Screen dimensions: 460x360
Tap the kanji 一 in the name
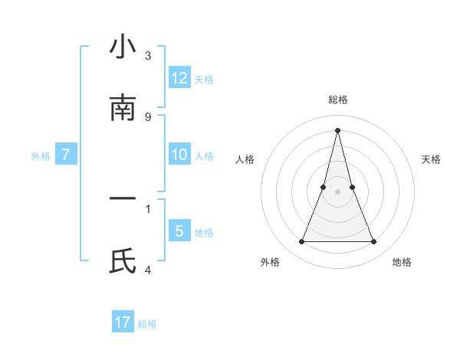[x=123, y=199]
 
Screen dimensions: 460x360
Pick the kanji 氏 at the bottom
[x=123, y=261]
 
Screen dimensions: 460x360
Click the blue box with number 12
[x=179, y=78]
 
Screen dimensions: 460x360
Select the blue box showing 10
[x=179, y=155]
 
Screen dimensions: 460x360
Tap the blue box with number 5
[x=179, y=231]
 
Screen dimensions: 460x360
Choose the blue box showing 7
[x=66, y=155]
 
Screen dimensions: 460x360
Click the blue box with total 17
[x=123, y=322]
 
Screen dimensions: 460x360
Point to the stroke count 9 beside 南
[x=148, y=117]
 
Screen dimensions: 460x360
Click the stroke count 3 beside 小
[x=148, y=56]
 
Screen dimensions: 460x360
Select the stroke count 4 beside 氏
[x=148, y=270]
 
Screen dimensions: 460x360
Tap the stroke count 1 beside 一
[x=148, y=208]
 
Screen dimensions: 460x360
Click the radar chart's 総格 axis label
[x=338, y=100]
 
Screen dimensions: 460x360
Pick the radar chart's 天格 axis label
[x=431, y=159]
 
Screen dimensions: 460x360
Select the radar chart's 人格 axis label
[x=245, y=159]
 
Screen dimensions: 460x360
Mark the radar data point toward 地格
[x=374, y=242]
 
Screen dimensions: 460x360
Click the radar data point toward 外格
[x=301, y=242]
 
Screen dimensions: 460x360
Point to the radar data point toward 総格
[x=337, y=129]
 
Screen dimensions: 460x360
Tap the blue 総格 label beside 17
[x=147, y=324]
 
